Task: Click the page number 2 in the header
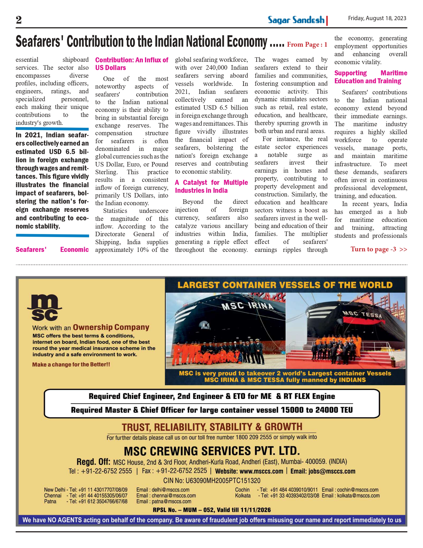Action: (19, 20)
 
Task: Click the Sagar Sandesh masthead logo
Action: (296, 20)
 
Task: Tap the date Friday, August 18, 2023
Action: (377, 18)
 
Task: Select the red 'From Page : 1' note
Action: (307, 45)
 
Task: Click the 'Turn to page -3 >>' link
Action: (379, 249)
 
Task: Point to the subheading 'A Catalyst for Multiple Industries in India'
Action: (211, 186)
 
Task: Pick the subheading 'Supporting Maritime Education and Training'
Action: (370, 77)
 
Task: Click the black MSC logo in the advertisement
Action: (45, 308)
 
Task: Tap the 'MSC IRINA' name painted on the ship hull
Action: (247, 306)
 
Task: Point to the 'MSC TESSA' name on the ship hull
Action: (363, 314)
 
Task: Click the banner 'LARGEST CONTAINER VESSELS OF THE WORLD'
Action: (285, 285)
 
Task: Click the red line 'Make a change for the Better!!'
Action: (71, 365)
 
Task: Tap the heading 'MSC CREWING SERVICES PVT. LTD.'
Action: (212, 451)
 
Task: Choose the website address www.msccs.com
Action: (261, 471)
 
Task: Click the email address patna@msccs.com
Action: (171, 501)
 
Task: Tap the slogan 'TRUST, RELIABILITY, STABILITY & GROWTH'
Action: (212, 427)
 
